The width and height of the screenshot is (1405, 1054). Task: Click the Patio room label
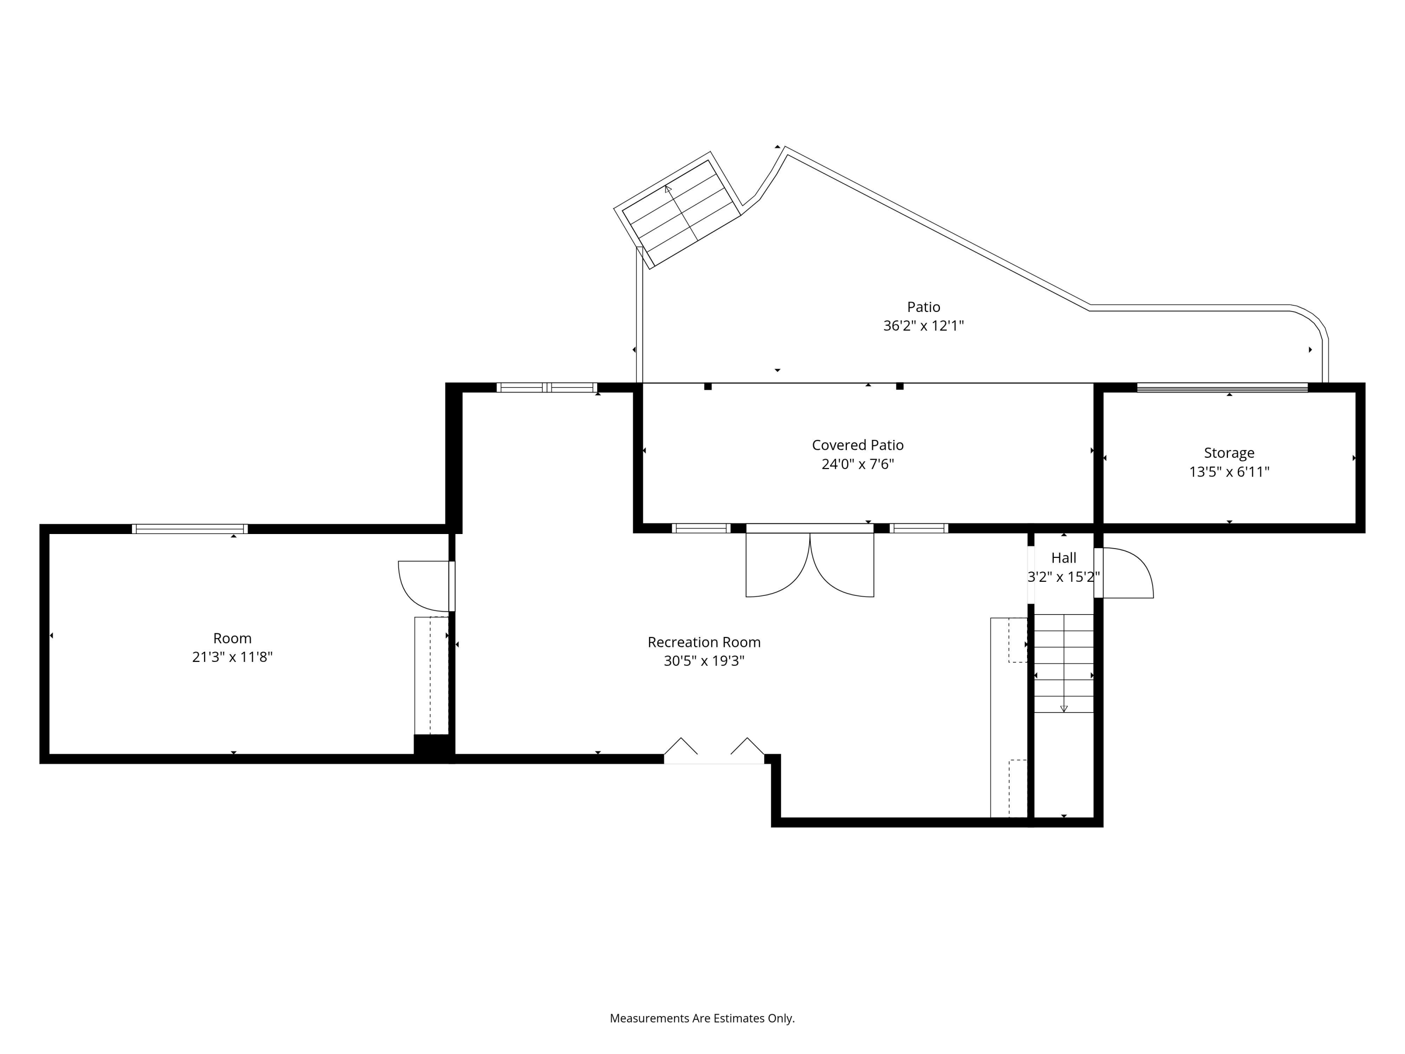(x=924, y=307)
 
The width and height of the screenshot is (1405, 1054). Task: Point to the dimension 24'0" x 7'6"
(x=858, y=464)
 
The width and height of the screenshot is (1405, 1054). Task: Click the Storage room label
(x=1229, y=453)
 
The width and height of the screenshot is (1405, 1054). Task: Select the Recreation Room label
(x=704, y=642)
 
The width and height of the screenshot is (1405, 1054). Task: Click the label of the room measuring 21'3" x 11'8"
(x=232, y=638)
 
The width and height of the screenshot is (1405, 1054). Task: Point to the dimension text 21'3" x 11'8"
(x=232, y=657)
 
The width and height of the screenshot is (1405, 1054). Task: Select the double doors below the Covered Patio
(x=810, y=560)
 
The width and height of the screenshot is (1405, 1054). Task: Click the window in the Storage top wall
(x=1222, y=387)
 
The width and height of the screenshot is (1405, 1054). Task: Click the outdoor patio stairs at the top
(x=678, y=210)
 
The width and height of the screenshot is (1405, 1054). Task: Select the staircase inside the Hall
(x=1064, y=663)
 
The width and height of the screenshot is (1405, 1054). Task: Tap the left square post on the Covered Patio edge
(x=708, y=386)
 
